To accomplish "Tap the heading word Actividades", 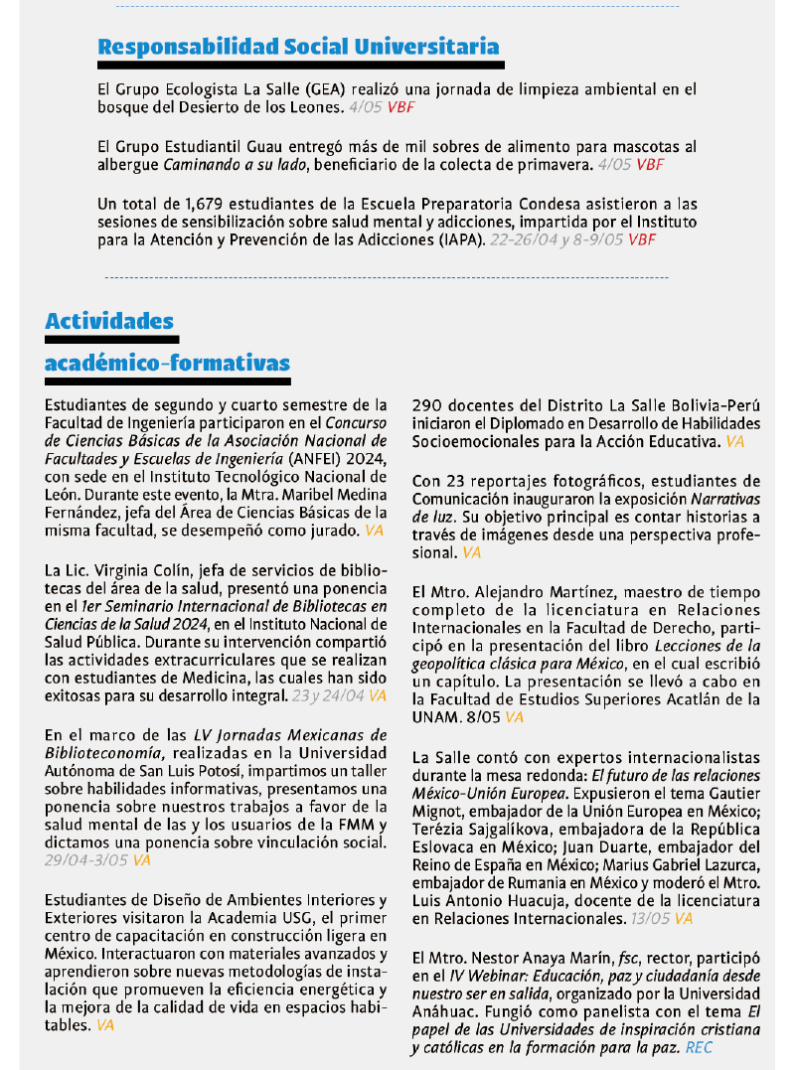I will [109, 321].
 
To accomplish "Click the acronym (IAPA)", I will [455, 239].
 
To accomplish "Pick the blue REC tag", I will [699, 1047].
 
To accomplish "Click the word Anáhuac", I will [442, 1011].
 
